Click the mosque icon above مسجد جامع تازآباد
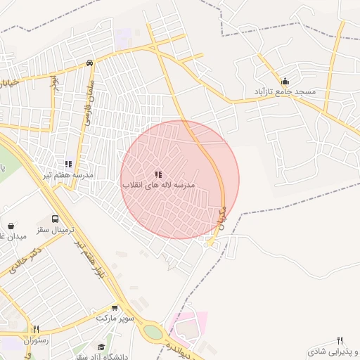(x=285, y=81)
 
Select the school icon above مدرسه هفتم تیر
(x=68, y=163)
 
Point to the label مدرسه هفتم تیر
(x=68, y=174)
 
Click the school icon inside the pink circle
(x=158, y=174)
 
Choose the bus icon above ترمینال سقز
(x=56, y=219)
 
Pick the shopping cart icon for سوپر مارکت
(x=115, y=308)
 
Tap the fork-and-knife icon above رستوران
(x=36, y=329)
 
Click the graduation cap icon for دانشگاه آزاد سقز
(x=101, y=347)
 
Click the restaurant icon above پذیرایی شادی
(x=340, y=340)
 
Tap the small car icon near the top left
(x=90, y=63)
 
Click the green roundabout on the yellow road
(x=152, y=331)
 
